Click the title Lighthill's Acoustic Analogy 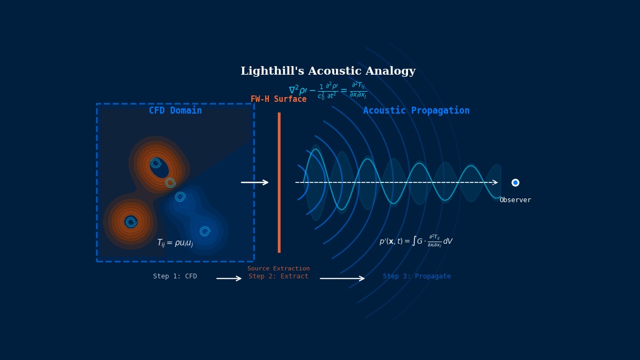[x=328, y=71]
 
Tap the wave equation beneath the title [x=327, y=90]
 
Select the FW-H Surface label [x=278, y=99]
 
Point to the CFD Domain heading [x=175, y=111]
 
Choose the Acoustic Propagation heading [x=416, y=111]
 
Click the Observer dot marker [x=515, y=182]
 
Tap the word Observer [x=515, y=200]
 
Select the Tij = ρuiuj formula [x=175, y=243]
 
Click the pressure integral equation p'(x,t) [x=416, y=241]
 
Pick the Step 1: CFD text [x=175, y=276]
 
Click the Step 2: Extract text [x=278, y=276]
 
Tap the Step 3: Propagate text [x=417, y=276]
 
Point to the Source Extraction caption [x=278, y=269]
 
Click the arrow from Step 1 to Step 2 [x=229, y=278]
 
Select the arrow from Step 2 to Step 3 [x=342, y=278]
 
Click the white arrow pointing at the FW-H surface [x=254, y=182]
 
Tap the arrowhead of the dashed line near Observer [x=495, y=182]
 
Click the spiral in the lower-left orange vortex [x=131, y=222]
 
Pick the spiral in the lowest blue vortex [x=205, y=231]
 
